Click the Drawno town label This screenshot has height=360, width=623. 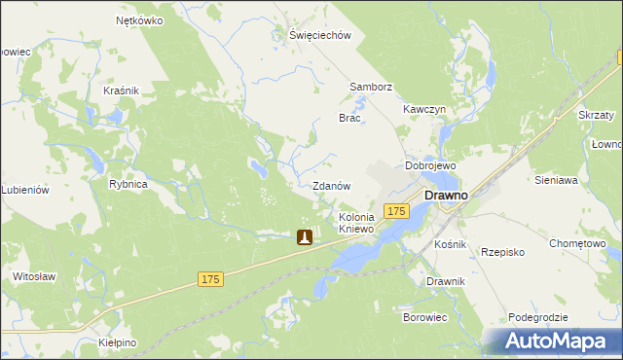point(446,196)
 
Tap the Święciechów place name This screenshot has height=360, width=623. point(318,35)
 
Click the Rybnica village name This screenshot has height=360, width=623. point(128,184)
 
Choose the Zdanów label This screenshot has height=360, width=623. point(331,185)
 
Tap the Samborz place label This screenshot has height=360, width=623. point(371,87)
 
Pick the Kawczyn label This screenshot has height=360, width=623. point(424,109)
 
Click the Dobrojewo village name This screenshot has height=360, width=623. point(430,165)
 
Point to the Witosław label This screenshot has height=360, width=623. point(33,276)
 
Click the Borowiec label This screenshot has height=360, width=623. point(424,317)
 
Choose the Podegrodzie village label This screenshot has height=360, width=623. point(537,318)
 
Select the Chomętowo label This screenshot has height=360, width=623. point(577,243)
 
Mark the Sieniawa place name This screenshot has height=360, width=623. point(557,180)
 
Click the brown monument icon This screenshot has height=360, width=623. point(305,236)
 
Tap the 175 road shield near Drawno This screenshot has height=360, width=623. point(395,211)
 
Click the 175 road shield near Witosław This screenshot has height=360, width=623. point(211,279)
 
